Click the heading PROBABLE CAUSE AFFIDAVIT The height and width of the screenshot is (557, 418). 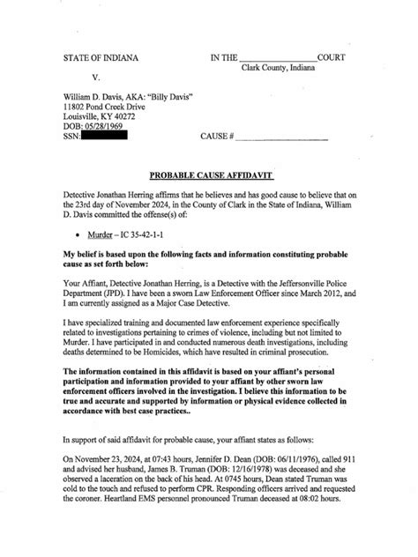[x=208, y=176]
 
